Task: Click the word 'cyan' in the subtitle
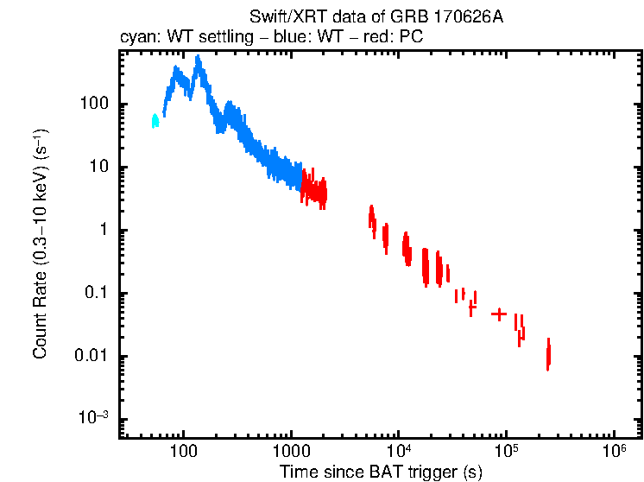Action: coord(134,39)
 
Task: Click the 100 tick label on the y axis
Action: coord(93,105)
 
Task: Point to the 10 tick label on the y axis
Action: coord(98,168)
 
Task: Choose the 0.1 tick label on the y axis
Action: coord(95,294)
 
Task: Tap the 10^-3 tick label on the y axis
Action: coord(93,418)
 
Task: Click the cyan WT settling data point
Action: coord(155,121)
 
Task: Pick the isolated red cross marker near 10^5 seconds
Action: coord(499,314)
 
